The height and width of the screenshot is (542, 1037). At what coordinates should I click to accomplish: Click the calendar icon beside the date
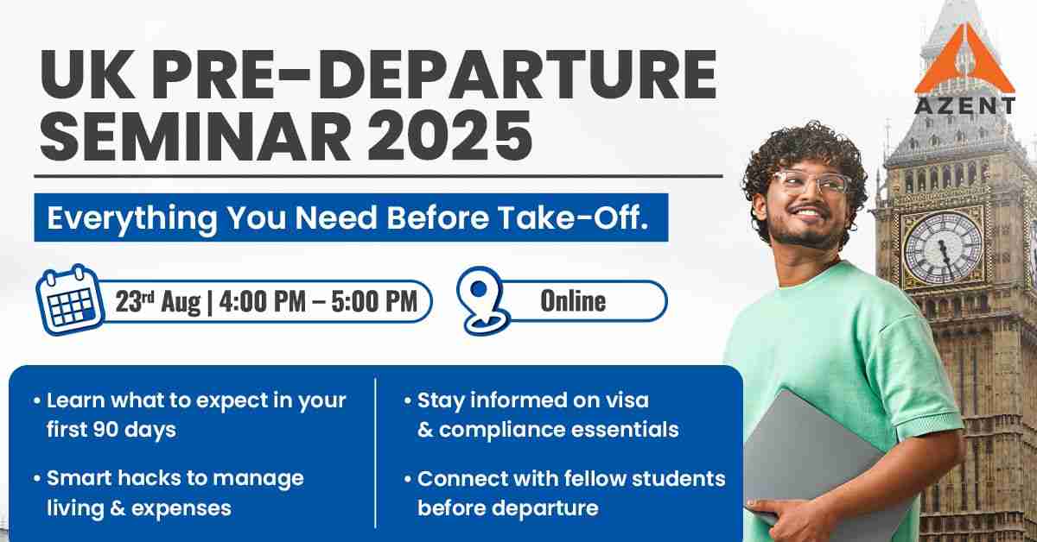[x=69, y=299]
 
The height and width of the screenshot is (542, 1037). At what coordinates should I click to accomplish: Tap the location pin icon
[x=482, y=300]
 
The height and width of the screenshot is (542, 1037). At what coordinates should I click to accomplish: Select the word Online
[x=573, y=301]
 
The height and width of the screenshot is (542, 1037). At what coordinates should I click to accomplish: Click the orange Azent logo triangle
[x=964, y=62]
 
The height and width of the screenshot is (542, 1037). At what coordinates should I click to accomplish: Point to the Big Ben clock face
[x=944, y=247]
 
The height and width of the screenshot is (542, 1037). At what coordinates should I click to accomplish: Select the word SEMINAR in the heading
[x=195, y=135]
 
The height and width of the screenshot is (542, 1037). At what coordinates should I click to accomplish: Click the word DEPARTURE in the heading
[x=522, y=75]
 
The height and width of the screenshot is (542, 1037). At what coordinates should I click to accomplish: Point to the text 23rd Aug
[x=158, y=301]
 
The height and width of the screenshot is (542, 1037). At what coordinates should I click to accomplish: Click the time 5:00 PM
[x=374, y=301]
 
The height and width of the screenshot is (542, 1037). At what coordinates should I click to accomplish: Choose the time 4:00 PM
[x=263, y=301]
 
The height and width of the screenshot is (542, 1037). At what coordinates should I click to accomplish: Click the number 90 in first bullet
[x=106, y=430]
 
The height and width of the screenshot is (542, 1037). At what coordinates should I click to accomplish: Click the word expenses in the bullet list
[x=181, y=509]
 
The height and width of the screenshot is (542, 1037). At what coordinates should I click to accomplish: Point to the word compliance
[x=501, y=431]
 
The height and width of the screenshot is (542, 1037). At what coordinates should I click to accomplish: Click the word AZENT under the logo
[x=965, y=106]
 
